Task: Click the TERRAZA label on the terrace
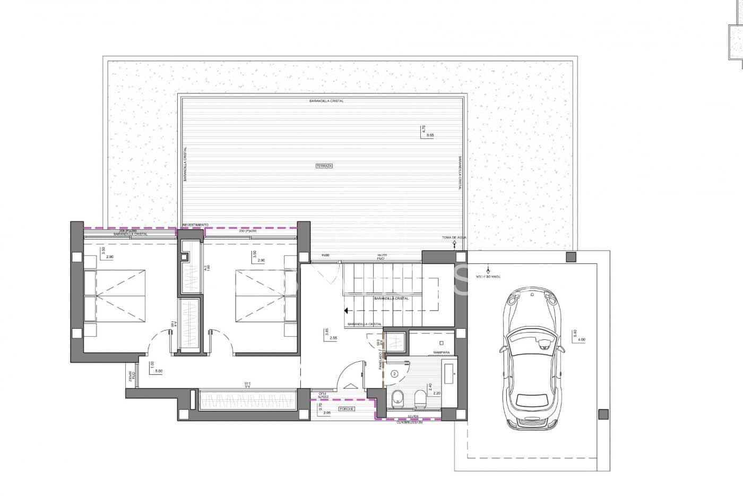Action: tap(324, 166)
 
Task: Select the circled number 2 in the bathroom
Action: tap(394, 373)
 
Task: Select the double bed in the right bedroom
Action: tap(260, 295)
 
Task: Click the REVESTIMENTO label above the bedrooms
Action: tap(195, 225)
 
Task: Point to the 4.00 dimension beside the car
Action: tap(581, 339)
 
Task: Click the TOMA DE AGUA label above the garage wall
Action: tap(454, 237)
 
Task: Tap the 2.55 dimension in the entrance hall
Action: tap(333, 338)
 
